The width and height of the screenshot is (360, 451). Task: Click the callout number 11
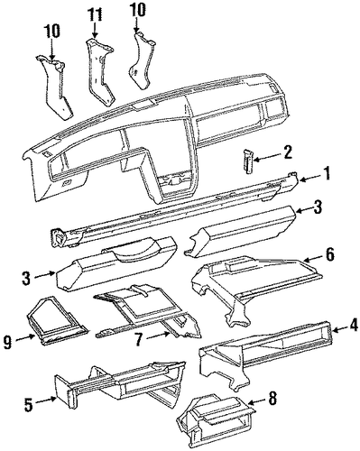tap(95, 14)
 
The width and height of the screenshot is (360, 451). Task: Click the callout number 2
tap(287, 152)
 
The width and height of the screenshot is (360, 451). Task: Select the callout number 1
tap(326, 174)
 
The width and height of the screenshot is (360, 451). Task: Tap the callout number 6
tap(329, 255)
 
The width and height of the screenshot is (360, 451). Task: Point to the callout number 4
tap(354, 326)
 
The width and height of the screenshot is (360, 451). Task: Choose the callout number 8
tap(272, 398)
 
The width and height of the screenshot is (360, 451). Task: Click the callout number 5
tap(29, 405)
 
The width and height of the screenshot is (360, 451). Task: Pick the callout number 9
tap(8, 343)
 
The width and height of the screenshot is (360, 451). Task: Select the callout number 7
tap(138, 340)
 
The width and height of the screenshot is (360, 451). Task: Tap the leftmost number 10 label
tap(52, 31)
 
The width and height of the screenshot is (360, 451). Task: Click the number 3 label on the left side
tap(26, 279)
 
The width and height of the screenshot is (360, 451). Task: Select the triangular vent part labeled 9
tap(57, 321)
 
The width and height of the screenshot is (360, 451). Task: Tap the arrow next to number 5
tap(47, 400)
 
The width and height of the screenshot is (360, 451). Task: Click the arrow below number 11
tap(95, 30)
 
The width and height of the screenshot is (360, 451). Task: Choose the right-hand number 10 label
tap(138, 10)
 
